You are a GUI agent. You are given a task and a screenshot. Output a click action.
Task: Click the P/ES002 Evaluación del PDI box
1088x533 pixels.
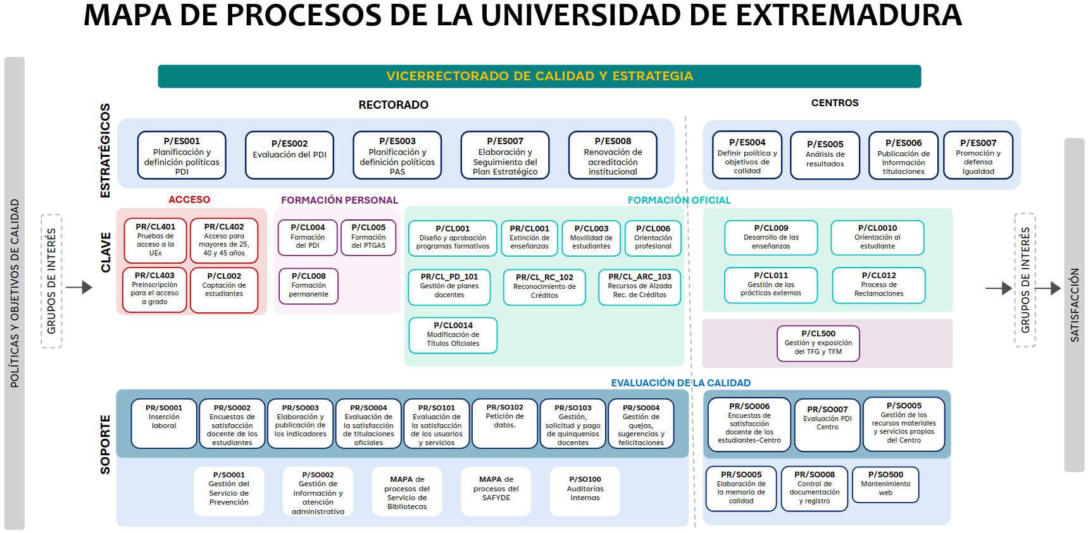(x=289, y=155)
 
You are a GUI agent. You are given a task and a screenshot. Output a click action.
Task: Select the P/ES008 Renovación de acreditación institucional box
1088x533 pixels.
(x=613, y=156)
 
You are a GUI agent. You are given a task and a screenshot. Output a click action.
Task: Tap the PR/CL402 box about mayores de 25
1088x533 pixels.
(x=224, y=240)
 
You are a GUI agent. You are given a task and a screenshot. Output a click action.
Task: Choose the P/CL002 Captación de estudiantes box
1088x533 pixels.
(x=224, y=290)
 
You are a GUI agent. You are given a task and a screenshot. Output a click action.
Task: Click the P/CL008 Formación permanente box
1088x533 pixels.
(x=309, y=286)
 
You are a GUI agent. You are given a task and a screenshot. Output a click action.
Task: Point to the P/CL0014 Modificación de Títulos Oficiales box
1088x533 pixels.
(x=453, y=335)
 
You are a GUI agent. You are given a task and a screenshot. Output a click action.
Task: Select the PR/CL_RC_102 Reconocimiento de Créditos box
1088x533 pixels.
(x=544, y=287)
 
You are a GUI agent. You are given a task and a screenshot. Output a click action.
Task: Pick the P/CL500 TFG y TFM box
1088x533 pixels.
(x=818, y=343)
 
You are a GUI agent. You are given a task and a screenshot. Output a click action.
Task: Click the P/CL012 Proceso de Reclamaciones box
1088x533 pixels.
(x=879, y=285)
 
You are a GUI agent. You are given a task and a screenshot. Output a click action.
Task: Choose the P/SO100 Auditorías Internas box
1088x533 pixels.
(x=585, y=491)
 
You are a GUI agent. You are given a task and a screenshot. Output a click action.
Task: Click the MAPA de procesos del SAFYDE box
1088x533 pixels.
(x=496, y=491)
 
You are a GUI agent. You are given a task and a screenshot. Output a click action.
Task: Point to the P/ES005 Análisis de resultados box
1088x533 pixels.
(x=825, y=156)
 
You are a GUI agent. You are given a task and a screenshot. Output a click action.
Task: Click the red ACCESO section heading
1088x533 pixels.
(x=189, y=200)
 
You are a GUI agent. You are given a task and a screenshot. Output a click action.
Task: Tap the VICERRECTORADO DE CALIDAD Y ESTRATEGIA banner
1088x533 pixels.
(x=539, y=77)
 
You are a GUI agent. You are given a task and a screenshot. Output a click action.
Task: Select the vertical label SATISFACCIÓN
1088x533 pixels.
(x=1074, y=305)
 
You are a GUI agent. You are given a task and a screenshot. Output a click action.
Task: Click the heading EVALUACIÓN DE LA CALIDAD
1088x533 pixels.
(x=680, y=383)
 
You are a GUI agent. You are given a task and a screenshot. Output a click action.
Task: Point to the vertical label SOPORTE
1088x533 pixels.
(x=105, y=444)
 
